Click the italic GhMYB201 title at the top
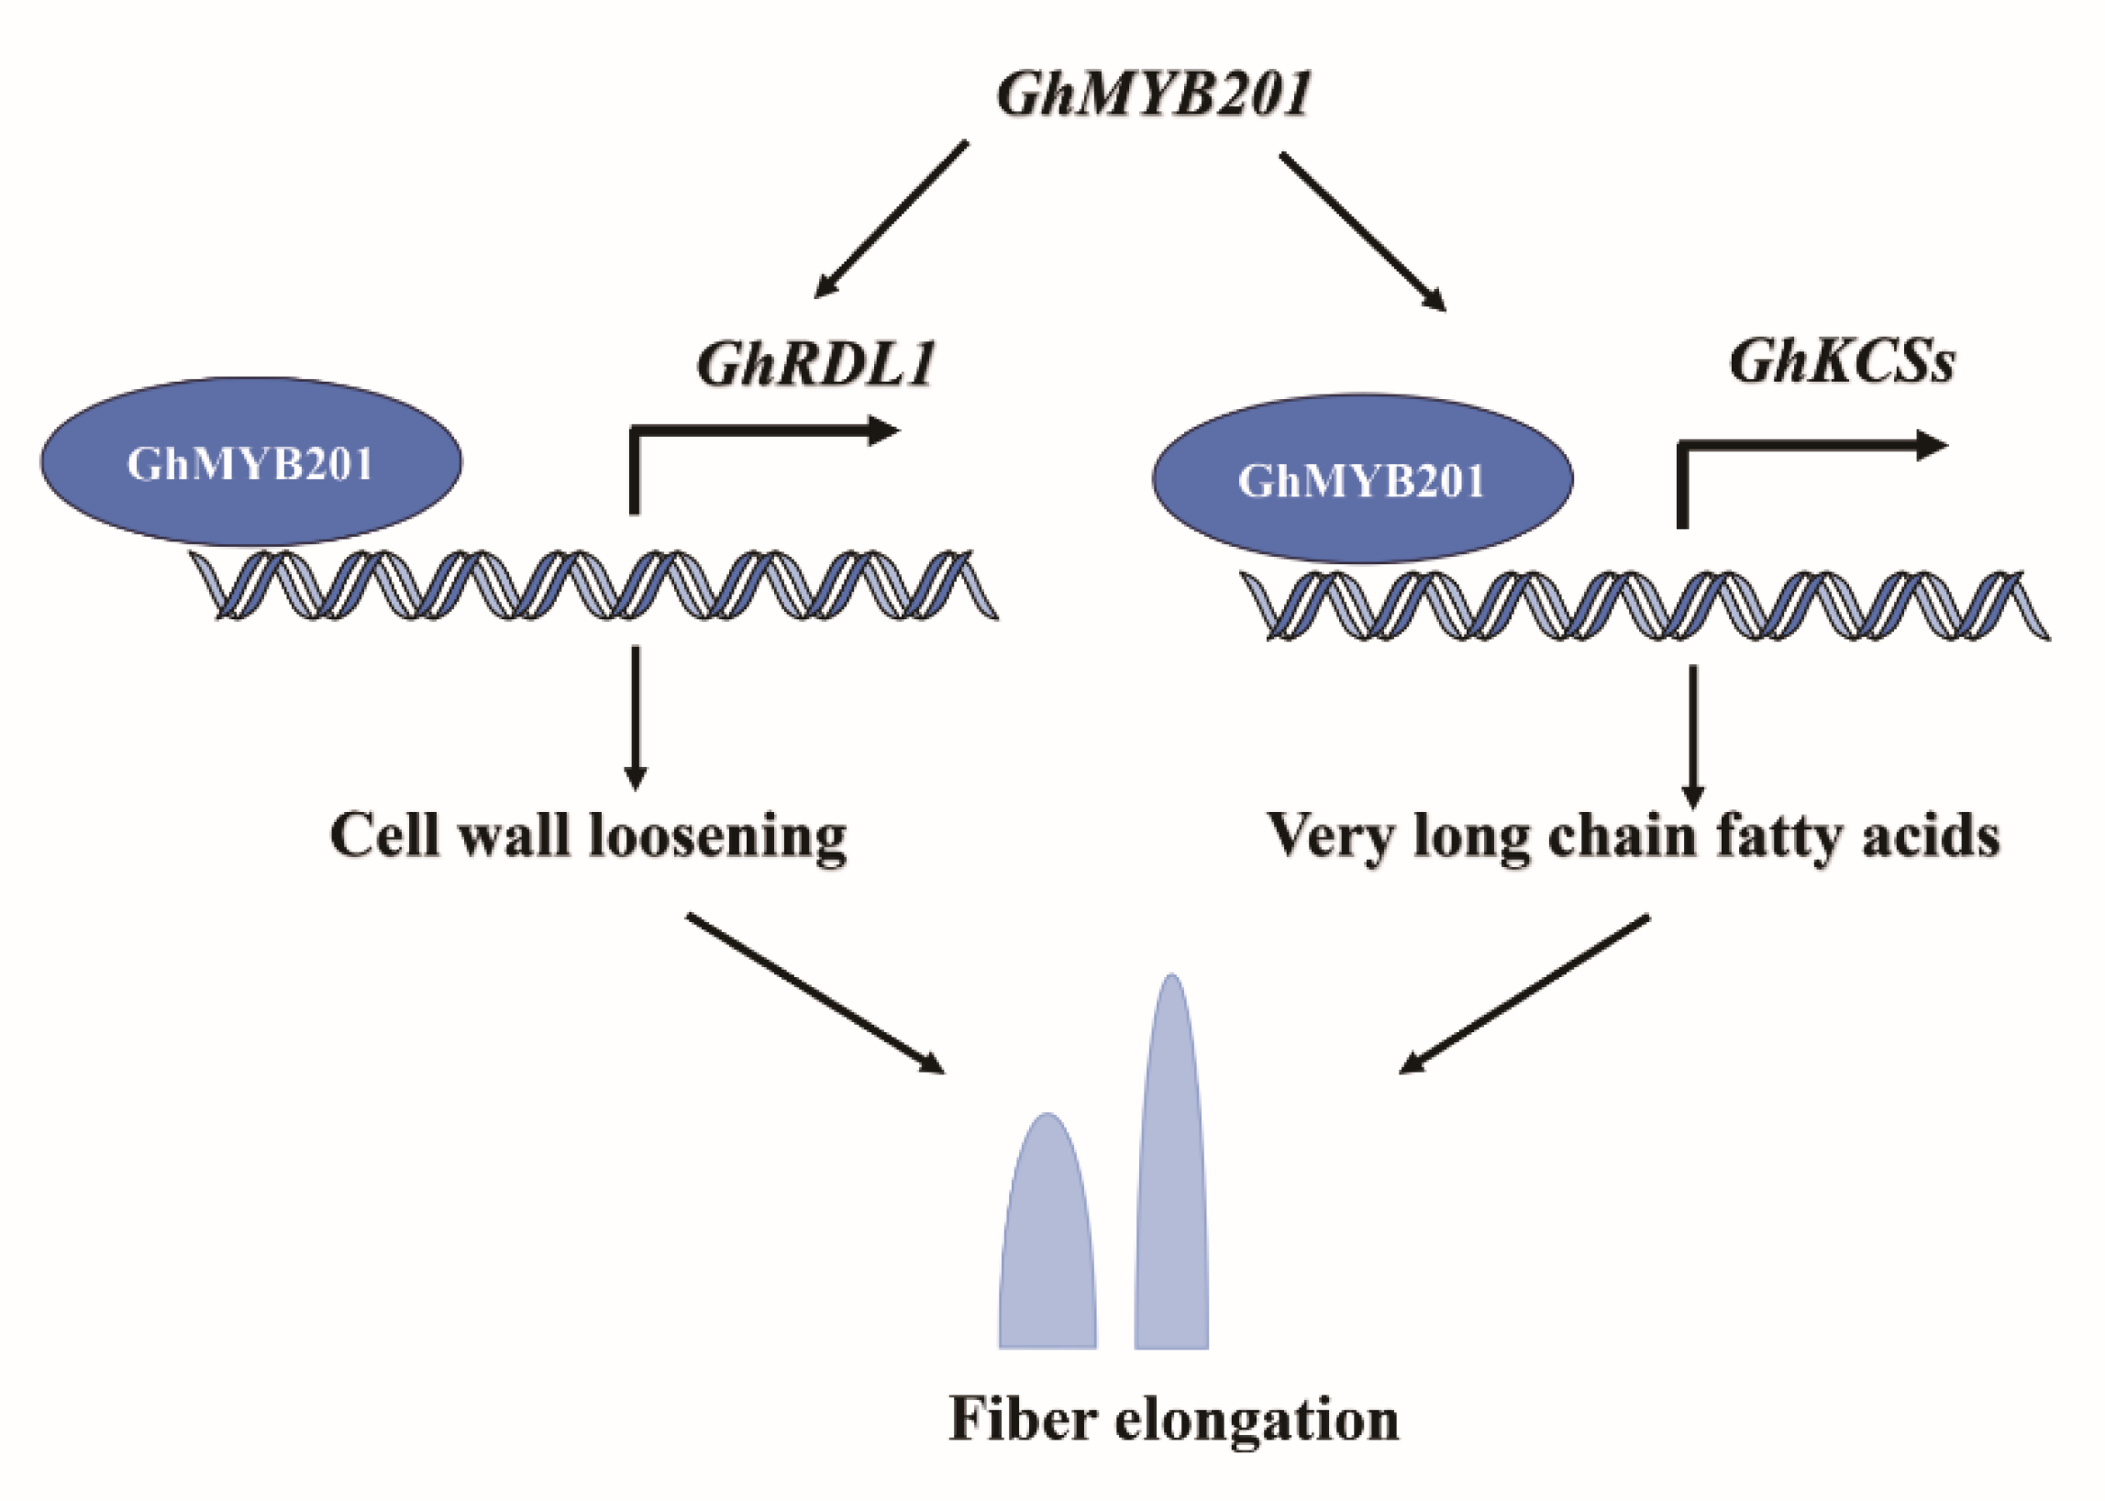1153,95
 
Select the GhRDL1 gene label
816,364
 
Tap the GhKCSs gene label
1841,361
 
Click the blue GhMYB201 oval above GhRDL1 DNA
250,462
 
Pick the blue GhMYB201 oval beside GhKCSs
1361,480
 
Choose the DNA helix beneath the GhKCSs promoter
1645,606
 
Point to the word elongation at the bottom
1256,1420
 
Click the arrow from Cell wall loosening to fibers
815,994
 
